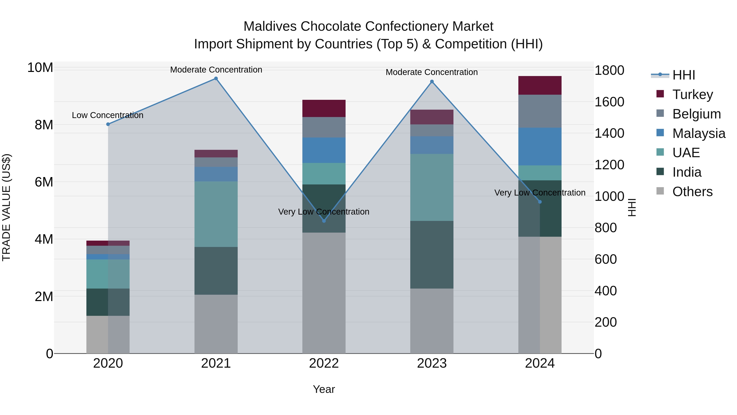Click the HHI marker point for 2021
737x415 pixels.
click(216, 78)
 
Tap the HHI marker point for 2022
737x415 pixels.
click(324, 221)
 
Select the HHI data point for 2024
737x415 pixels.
click(540, 202)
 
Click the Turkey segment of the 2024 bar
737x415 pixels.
click(540, 85)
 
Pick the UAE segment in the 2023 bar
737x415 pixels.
click(432, 187)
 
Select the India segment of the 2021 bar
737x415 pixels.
click(216, 271)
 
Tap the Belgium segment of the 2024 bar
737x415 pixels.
click(540, 111)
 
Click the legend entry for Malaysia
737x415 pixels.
click(698, 133)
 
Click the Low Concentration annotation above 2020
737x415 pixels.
click(107, 115)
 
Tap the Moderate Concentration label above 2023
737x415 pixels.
click(432, 72)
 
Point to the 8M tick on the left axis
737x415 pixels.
click(44, 125)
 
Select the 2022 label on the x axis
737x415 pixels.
click(324, 363)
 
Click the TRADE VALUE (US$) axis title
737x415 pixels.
click(6, 207)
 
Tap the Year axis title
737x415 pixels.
click(324, 389)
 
